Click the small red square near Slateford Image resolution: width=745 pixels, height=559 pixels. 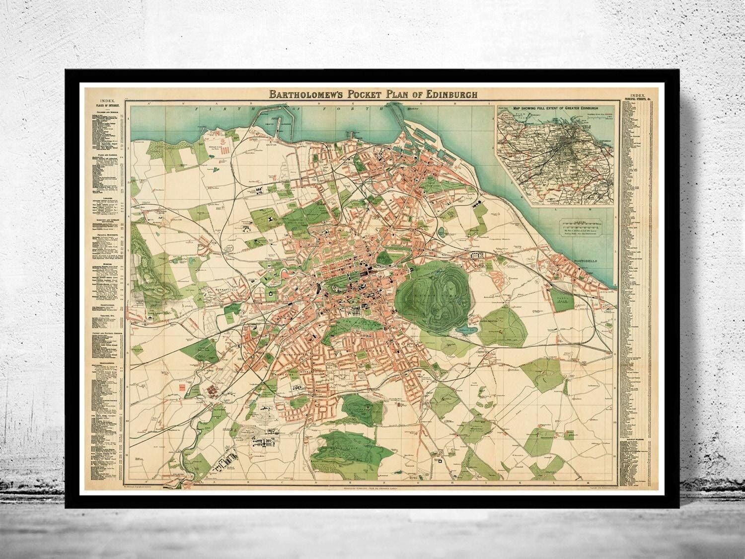point(182,386)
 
